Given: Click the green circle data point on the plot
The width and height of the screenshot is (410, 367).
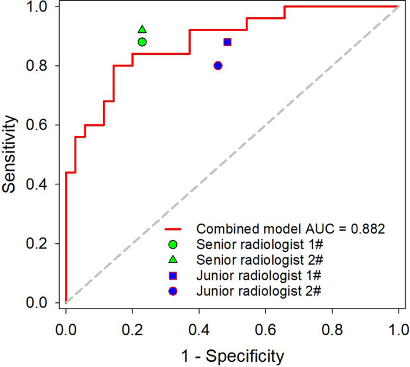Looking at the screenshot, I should tap(142, 42).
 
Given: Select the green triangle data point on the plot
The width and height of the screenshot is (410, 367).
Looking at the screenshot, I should tap(142, 29).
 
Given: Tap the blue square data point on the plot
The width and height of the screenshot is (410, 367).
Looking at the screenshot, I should tap(227, 42).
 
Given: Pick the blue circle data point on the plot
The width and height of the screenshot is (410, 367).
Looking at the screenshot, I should tap(218, 65).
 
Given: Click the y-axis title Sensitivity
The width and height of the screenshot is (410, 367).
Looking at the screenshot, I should tap(12, 154).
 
